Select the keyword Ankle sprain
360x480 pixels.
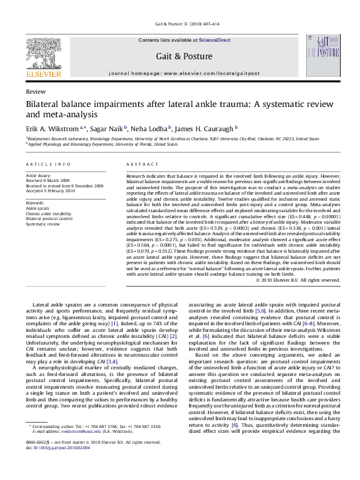pos(39,207)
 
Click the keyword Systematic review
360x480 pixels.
pos(42,223)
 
